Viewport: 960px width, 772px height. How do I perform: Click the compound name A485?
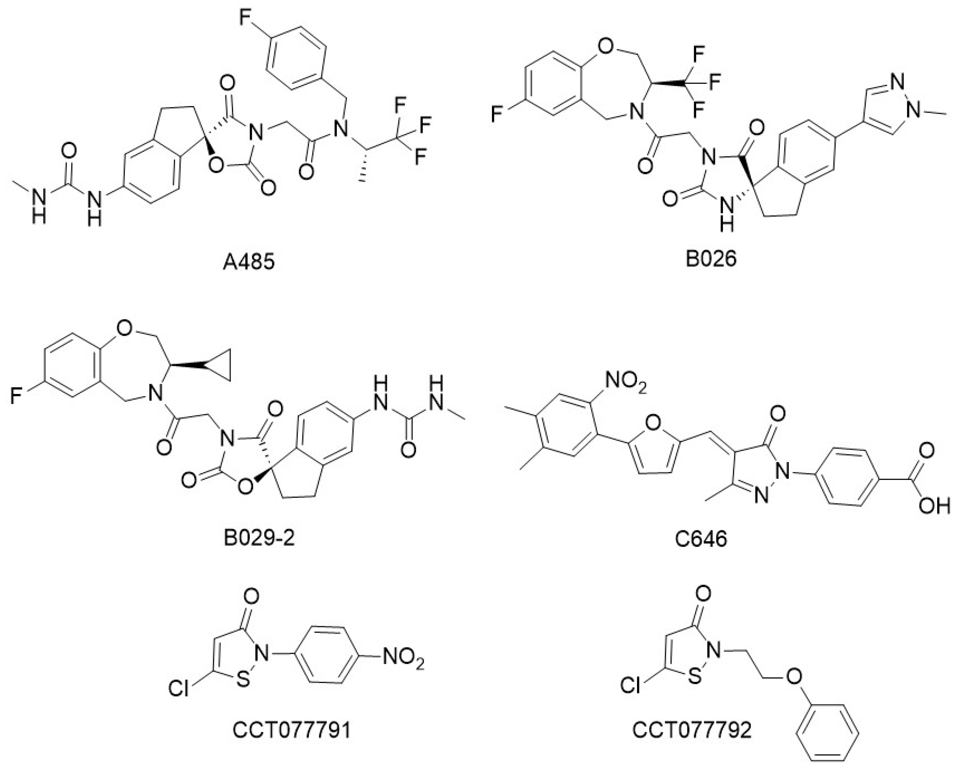[248, 262]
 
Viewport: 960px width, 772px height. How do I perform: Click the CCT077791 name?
[292, 730]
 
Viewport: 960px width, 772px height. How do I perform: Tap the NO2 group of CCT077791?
[403, 659]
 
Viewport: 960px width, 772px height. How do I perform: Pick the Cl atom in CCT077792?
[631, 686]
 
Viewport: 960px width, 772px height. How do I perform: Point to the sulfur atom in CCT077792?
[694, 676]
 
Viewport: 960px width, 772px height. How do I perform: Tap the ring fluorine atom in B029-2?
[16, 396]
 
